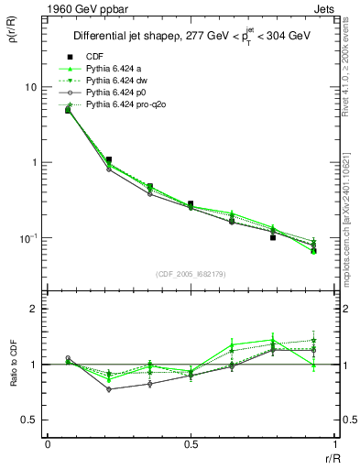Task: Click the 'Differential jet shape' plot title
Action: [x=191, y=36]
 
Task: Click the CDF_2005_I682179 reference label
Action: [x=191, y=274]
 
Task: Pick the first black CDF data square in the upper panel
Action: [x=68, y=110]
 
